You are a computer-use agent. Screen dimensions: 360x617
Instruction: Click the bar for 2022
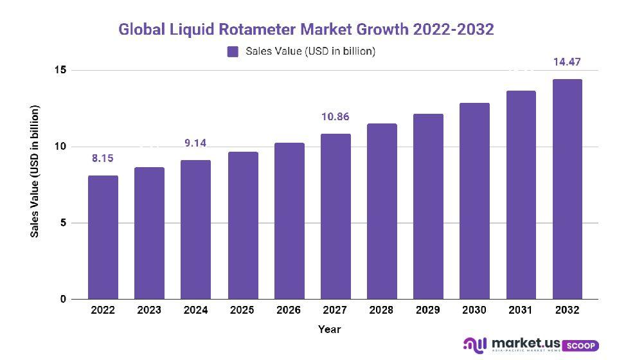[103, 237]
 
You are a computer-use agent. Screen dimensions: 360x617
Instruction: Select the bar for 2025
[243, 226]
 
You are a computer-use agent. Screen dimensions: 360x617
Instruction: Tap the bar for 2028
[382, 212]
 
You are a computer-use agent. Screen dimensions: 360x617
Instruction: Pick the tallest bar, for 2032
[568, 189]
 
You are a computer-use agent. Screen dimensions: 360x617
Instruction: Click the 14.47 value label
[568, 62]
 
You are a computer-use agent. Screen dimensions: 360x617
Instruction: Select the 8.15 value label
[103, 158]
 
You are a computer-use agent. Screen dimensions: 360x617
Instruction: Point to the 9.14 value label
[195, 143]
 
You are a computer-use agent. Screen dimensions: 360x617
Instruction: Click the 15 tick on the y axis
[59, 69]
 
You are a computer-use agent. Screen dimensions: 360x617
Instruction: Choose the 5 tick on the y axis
[62, 223]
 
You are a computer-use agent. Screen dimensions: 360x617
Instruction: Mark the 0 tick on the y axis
[62, 300]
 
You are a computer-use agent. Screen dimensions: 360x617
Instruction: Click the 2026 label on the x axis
[289, 310]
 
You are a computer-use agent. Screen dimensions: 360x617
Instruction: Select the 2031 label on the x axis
[521, 310]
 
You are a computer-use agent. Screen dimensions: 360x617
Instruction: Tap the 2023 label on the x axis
[149, 310]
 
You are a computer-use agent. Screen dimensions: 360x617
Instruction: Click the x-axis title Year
[329, 329]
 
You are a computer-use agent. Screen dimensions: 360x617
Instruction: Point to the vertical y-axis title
[35, 170]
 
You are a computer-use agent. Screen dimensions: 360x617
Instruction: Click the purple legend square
[233, 51]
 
